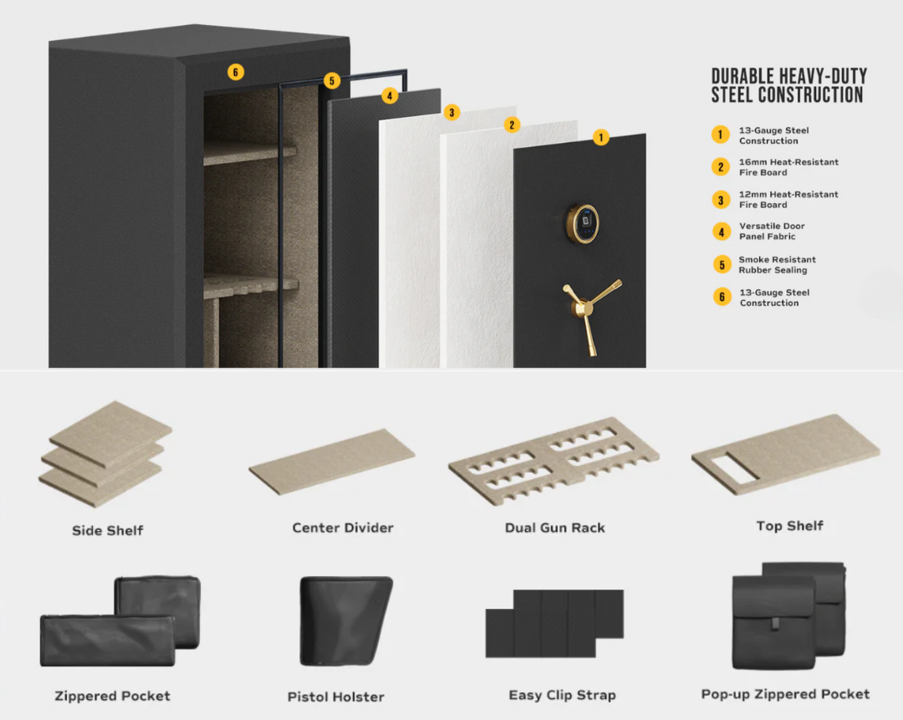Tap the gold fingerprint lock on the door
click(x=584, y=222)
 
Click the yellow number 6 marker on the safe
click(x=236, y=73)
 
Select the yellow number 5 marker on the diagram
click(x=333, y=81)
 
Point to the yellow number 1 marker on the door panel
click(x=600, y=138)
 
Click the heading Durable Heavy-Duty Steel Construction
click(x=788, y=86)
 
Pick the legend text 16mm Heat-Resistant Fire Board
click(x=788, y=167)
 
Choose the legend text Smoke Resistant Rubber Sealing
click(x=777, y=265)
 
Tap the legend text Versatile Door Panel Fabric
click(x=772, y=232)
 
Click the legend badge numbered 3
click(x=721, y=200)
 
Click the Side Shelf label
click(x=108, y=530)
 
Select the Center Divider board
click(x=332, y=461)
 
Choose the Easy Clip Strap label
click(x=562, y=695)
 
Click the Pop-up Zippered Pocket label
click(x=785, y=694)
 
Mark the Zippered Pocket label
click(x=112, y=696)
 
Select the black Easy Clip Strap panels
click(x=554, y=623)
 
